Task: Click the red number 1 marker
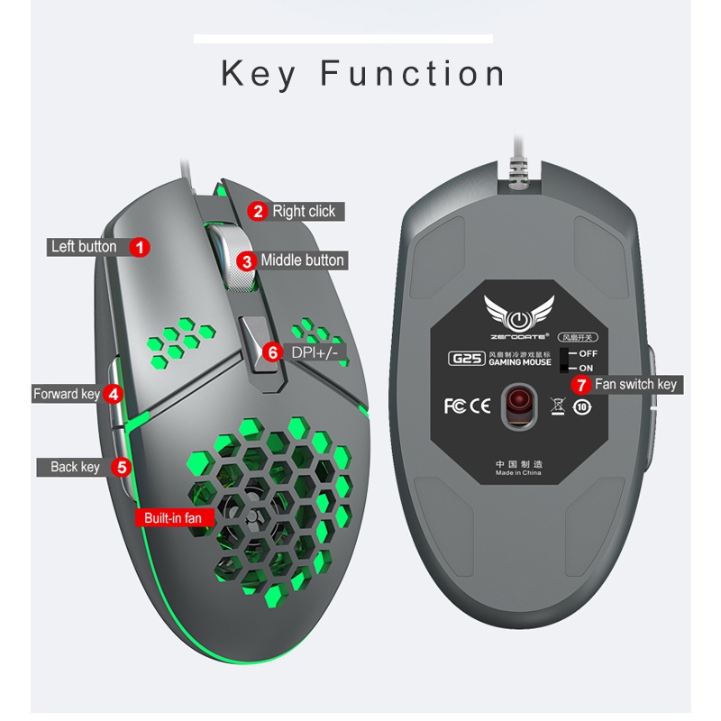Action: (x=139, y=246)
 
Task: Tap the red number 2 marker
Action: (x=258, y=212)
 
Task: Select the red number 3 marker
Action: (x=246, y=261)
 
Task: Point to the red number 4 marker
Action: (x=113, y=394)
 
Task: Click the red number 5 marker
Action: (x=123, y=467)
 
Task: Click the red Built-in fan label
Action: (x=173, y=518)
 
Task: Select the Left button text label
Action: (x=84, y=246)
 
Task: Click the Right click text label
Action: (x=304, y=212)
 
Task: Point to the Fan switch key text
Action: (x=634, y=385)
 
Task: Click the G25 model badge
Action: (x=467, y=358)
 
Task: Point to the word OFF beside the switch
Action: (x=588, y=353)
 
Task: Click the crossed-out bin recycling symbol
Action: (x=558, y=406)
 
